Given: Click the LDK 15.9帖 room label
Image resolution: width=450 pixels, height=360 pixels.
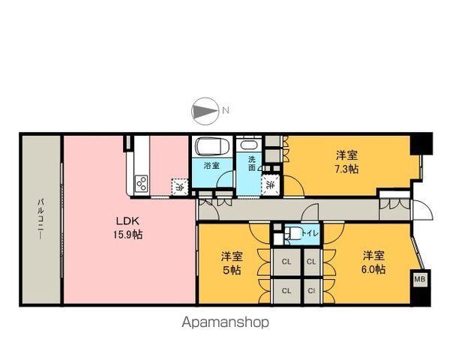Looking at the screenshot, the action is [128, 228].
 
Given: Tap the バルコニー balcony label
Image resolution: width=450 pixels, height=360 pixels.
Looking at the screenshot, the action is [40, 219].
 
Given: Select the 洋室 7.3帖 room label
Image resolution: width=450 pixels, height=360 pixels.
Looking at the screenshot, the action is [347, 162].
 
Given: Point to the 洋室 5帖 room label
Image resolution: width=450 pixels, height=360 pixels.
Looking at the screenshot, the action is [232, 263].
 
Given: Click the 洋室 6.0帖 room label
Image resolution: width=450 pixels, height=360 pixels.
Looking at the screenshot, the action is [373, 262].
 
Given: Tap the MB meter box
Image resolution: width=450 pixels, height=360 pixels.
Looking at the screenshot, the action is [420, 278].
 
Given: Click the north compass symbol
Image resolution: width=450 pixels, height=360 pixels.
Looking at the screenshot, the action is [204, 111].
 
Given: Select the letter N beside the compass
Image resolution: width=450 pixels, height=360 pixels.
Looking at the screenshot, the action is [226, 110].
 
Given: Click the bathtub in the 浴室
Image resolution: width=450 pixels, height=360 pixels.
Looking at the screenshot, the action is [212, 146].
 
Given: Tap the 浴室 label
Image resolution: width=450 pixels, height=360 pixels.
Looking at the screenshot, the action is [211, 166].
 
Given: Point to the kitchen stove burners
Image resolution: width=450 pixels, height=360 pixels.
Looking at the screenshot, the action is [142, 184].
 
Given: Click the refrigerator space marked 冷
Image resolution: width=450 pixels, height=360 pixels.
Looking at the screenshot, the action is [179, 187].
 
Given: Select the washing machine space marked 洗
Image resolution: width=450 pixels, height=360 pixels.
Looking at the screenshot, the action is [270, 185].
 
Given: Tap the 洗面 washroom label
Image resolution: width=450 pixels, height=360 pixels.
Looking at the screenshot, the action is [251, 163].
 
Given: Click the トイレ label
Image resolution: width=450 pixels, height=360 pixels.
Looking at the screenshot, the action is [309, 233].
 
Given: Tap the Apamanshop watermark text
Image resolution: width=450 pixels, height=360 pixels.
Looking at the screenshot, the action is [226, 322].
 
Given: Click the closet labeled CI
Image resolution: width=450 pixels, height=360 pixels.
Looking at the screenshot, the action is [311, 290].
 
